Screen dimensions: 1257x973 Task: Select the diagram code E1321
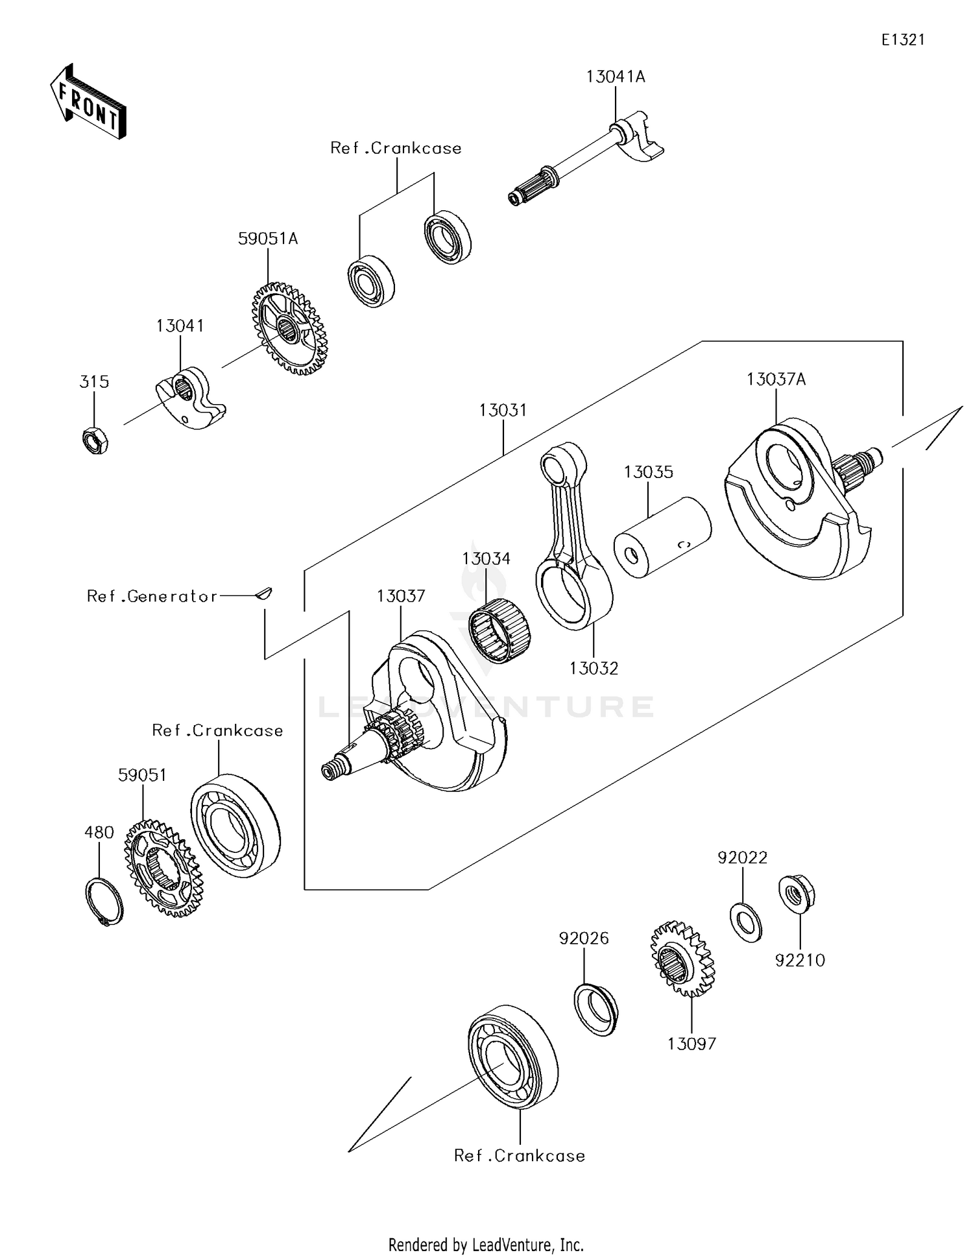(x=902, y=40)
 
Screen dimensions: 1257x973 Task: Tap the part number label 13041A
(x=615, y=77)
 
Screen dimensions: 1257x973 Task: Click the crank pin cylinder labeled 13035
(x=662, y=538)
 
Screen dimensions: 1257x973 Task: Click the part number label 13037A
(x=776, y=379)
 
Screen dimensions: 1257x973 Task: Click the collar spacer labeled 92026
(x=595, y=1009)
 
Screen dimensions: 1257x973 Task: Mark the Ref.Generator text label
(x=152, y=596)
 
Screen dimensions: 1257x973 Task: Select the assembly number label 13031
(x=503, y=410)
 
